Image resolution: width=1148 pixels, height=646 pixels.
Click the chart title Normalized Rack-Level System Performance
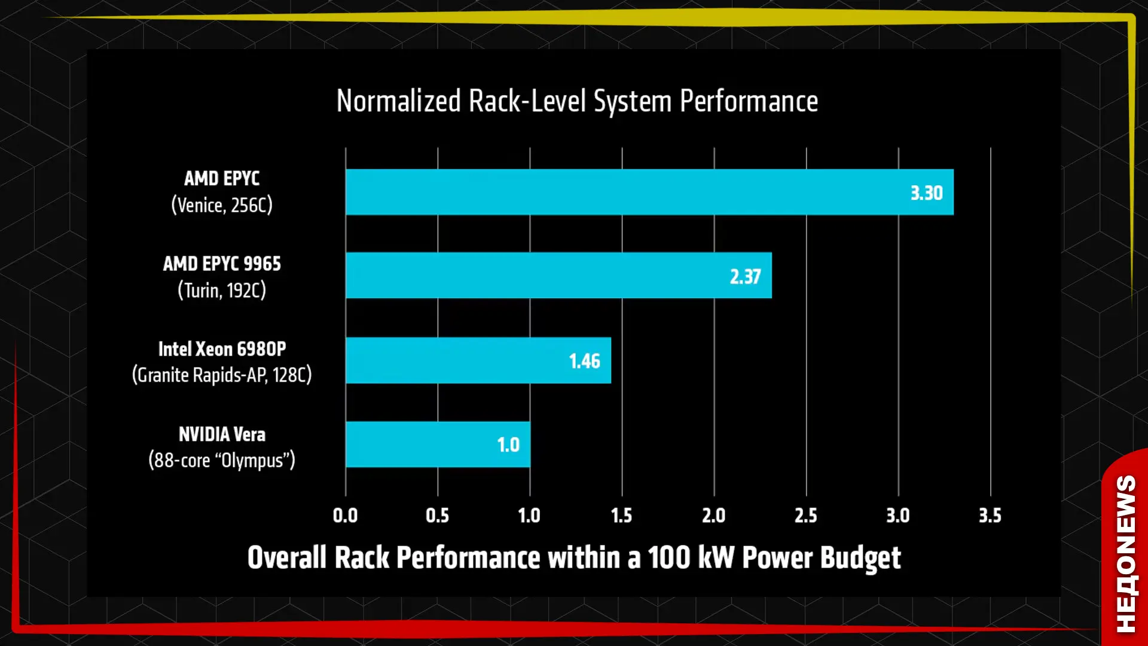click(577, 101)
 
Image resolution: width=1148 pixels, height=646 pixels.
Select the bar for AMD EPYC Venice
click(649, 192)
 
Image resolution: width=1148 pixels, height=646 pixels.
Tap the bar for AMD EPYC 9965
click(558, 275)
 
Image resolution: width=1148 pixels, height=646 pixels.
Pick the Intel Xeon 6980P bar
click(478, 360)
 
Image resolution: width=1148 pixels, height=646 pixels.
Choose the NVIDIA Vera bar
click(438, 444)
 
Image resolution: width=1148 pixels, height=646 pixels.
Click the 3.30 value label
click(926, 193)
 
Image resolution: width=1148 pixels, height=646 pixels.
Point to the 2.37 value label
click(745, 276)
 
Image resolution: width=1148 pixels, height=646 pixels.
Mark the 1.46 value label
click(584, 361)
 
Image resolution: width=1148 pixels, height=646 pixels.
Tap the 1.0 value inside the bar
click(508, 445)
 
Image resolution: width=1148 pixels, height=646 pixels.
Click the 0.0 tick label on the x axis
click(345, 516)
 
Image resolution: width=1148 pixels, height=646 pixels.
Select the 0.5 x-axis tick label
click(437, 516)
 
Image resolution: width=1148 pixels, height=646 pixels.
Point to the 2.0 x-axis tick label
click(713, 516)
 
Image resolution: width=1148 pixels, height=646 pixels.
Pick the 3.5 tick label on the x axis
click(990, 516)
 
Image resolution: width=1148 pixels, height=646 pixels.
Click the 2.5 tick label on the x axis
click(805, 516)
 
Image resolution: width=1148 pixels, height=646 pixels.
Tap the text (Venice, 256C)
click(222, 205)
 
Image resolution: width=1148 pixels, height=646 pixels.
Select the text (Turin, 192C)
click(222, 291)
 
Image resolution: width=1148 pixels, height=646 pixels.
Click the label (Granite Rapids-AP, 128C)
click(222, 375)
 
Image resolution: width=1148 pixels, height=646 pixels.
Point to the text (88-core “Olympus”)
click(222, 461)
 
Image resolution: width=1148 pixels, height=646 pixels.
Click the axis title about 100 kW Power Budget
click(574, 558)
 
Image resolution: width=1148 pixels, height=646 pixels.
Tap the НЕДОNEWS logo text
click(1126, 554)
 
